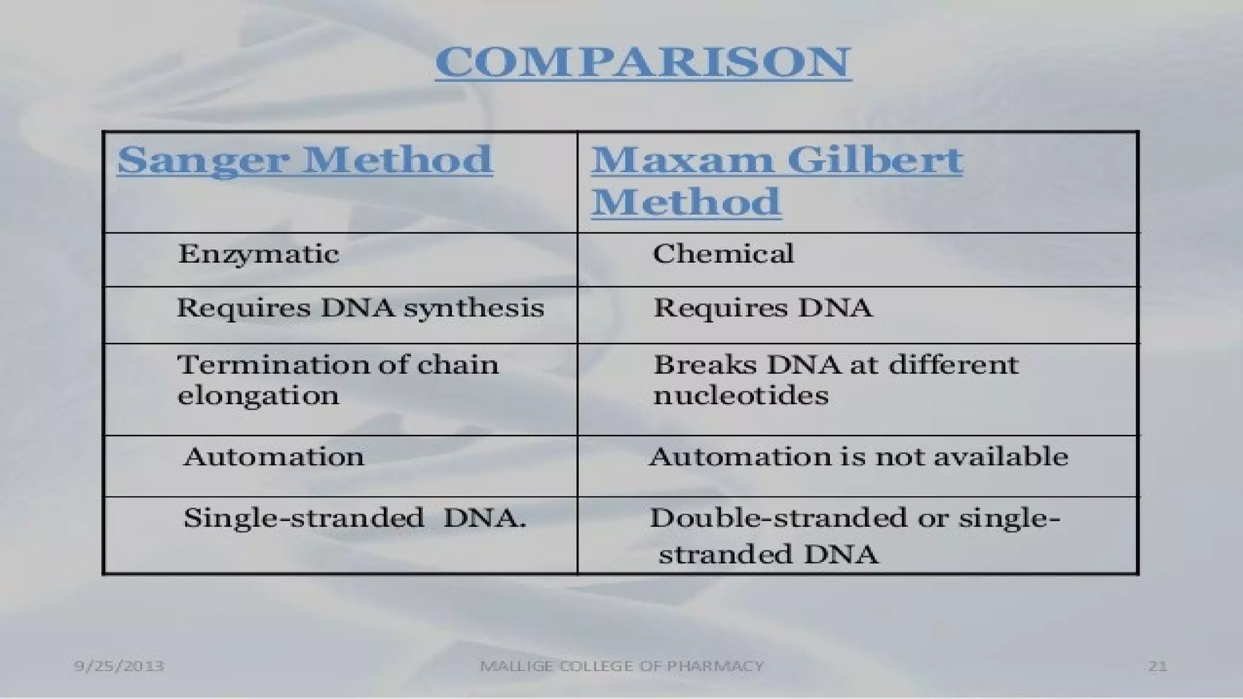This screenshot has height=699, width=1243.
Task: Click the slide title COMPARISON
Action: point(643,62)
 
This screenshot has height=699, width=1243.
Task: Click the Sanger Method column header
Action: point(305,160)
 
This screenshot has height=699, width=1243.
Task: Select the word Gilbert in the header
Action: point(875,160)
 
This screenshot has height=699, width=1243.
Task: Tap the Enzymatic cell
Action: point(258,254)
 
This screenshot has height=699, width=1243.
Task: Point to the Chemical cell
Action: point(723,254)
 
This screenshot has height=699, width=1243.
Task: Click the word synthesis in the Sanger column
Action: point(473,308)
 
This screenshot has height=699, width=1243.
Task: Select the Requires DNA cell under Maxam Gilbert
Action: point(762,308)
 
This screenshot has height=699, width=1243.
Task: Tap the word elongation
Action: point(258,396)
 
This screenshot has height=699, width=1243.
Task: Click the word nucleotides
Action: point(740,396)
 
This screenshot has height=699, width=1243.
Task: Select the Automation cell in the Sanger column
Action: point(274,457)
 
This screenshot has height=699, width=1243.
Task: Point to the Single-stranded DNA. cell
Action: point(354,519)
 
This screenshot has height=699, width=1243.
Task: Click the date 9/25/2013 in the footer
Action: point(119,666)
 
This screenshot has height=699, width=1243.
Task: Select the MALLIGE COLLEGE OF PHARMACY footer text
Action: point(621,666)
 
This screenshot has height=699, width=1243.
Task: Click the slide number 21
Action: point(1157,666)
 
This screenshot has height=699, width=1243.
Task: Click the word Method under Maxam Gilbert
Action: point(686,202)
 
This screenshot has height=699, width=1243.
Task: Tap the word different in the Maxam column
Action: point(953,365)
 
